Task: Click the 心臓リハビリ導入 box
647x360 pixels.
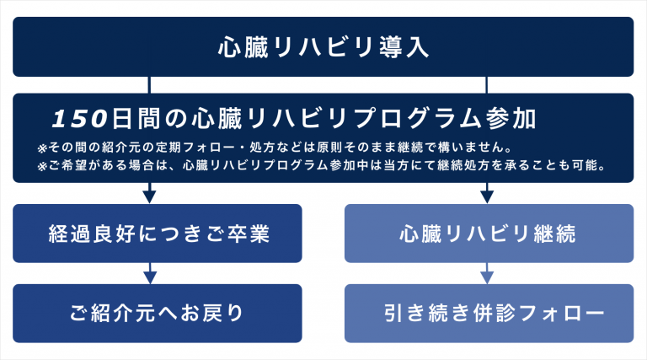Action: tap(323, 46)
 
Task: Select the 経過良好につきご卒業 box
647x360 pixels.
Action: tap(158, 234)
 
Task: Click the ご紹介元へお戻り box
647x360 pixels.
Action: tap(158, 313)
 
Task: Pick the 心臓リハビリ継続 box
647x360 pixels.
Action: tap(488, 234)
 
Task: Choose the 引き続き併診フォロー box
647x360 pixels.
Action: tap(488, 313)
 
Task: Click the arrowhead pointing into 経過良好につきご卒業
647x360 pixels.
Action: tap(150, 197)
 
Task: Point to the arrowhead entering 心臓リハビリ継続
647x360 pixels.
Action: tap(487, 197)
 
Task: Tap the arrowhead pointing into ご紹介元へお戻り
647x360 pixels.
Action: tap(150, 277)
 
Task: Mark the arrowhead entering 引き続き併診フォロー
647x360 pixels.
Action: tap(487, 277)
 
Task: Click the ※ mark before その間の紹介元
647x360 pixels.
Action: tap(44, 145)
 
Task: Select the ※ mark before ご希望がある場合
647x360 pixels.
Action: tap(44, 164)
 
